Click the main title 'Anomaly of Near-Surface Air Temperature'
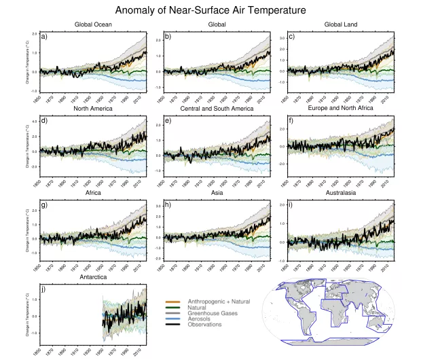tap(210, 10)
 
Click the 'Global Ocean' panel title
tap(93, 25)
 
